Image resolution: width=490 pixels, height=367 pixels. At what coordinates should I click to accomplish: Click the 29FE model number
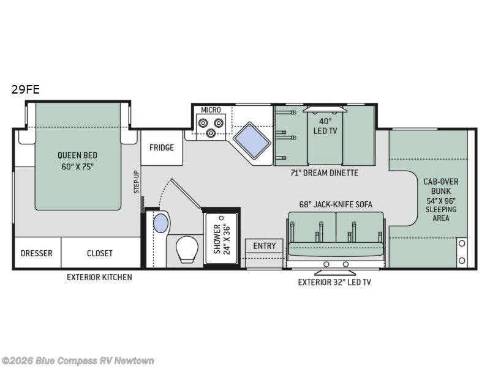click(x=26, y=89)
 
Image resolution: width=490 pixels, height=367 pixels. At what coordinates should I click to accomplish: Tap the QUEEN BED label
click(x=78, y=155)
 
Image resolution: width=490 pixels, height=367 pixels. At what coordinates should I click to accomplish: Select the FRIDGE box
click(x=162, y=147)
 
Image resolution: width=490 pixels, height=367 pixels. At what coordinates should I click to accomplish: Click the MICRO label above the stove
click(x=211, y=110)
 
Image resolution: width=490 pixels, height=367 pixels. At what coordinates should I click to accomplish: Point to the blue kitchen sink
click(x=252, y=140)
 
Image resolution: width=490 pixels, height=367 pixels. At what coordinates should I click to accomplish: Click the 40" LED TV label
click(x=325, y=126)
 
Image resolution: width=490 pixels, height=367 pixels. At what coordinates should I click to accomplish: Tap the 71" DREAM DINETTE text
click(x=325, y=172)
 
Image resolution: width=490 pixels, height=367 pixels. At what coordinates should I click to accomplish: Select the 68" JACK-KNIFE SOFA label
click(x=336, y=204)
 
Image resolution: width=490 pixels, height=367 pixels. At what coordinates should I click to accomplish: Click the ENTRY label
click(x=265, y=246)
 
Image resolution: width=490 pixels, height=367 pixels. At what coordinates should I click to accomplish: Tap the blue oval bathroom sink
click(x=161, y=223)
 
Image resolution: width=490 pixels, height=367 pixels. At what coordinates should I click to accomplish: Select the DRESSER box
click(x=37, y=253)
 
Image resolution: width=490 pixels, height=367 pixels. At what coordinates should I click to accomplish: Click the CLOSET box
click(x=100, y=253)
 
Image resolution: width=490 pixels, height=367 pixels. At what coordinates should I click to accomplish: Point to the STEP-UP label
click(x=137, y=182)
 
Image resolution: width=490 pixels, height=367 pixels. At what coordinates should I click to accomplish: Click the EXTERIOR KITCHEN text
click(x=99, y=277)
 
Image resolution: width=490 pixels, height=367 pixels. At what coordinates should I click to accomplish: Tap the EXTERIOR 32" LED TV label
click(x=334, y=283)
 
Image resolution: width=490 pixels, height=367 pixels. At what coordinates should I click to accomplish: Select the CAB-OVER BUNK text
click(x=441, y=187)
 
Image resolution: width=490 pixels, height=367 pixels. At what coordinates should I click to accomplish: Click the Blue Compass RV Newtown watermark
click(x=77, y=361)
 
